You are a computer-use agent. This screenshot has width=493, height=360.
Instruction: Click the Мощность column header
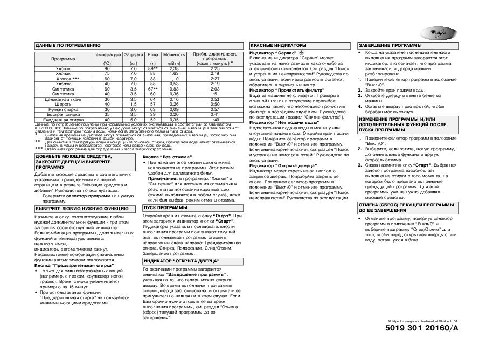(x=174, y=54)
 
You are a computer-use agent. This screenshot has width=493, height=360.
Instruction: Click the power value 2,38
(x=174, y=69)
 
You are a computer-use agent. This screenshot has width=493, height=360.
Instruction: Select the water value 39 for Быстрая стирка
(x=153, y=114)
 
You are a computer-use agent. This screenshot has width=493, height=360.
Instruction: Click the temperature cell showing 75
(x=107, y=74)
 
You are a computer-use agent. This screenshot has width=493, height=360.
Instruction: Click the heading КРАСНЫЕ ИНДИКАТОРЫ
(x=279, y=45)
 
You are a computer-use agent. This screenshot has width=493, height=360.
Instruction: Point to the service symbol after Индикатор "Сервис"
(x=302, y=53)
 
